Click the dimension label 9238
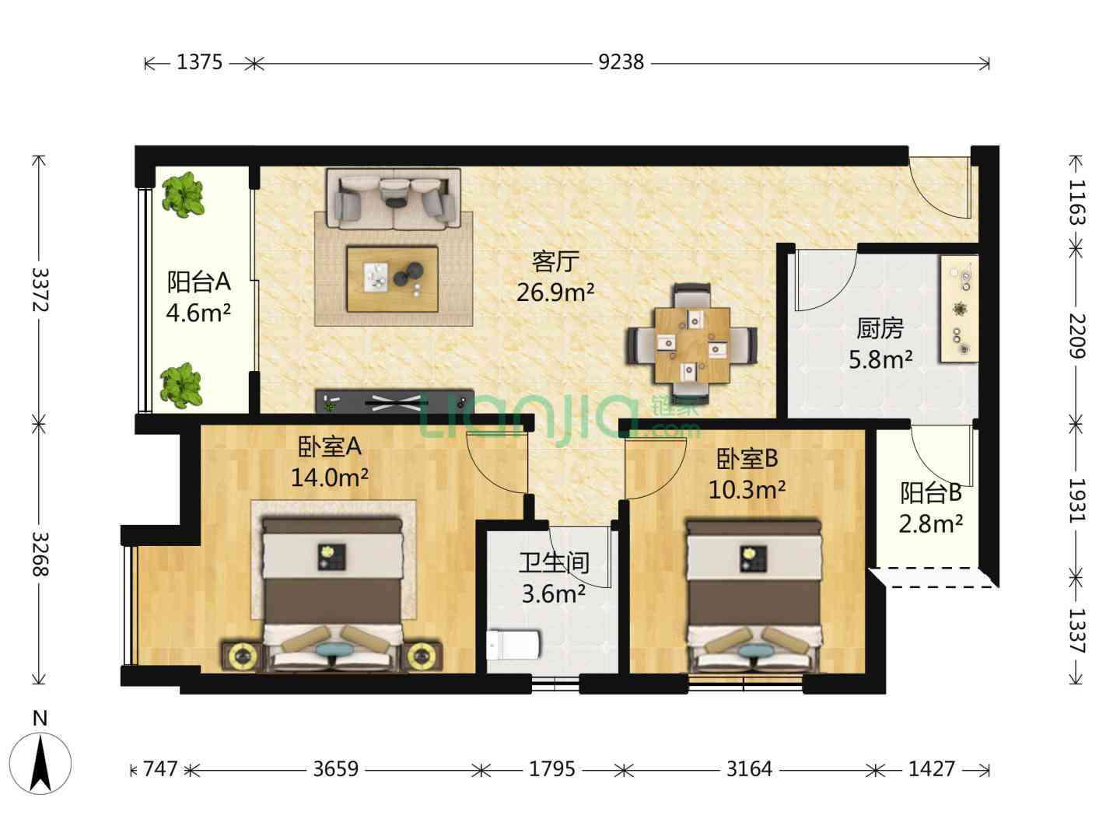pos(621,62)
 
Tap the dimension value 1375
pos(200,62)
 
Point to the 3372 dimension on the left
pos(40,289)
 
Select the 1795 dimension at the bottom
pos(551,768)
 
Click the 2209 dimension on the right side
pos(1077,336)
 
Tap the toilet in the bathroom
pos(513,644)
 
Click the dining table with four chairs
pos(692,345)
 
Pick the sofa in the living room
pos(394,199)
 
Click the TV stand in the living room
pos(394,402)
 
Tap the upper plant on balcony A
pos(184,194)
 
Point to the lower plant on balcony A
pos(181,386)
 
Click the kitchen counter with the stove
pos(959,309)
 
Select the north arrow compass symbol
pos(40,763)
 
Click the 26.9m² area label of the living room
pos(555,292)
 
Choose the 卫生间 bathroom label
pos(554,562)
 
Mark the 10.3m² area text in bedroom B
pos(747,490)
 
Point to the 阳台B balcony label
pos(931,492)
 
